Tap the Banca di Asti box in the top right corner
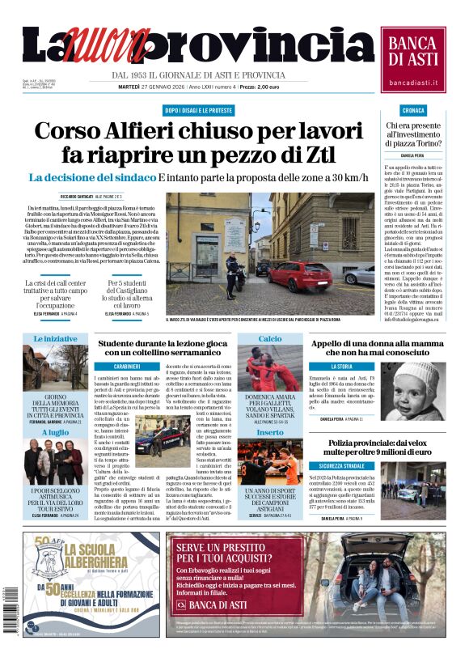point(412,58)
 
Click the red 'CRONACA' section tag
point(412,109)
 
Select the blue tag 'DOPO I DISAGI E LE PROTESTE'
point(198,109)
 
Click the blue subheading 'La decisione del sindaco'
point(91,177)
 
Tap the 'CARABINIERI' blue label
point(127,367)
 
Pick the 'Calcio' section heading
point(270,339)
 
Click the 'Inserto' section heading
point(270,433)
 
